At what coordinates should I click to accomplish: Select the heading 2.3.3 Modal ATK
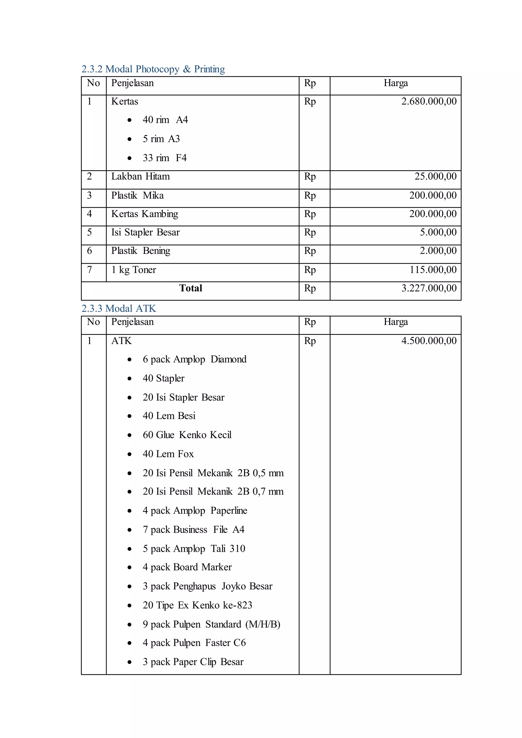tap(119, 309)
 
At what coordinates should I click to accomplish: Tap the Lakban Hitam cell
tap(140, 176)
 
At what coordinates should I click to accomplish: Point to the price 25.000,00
tap(435, 176)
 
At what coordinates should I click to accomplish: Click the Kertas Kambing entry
tap(144, 214)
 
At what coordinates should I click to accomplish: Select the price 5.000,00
tap(438, 232)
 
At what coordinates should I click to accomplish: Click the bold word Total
tap(191, 288)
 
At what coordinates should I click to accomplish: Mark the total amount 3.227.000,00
tap(429, 288)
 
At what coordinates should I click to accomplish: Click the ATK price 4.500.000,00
tap(429, 341)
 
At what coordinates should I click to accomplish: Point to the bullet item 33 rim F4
tap(165, 158)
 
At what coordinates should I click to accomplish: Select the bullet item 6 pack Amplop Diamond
tap(194, 359)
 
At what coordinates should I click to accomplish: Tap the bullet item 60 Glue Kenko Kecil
tap(187, 435)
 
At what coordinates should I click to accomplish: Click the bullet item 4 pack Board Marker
tap(187, 567)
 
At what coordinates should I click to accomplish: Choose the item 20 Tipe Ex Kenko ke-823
tap(197, 605)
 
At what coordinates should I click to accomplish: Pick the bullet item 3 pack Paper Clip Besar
tap(193, 662)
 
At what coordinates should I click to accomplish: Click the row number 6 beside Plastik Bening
tap(89, 251)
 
